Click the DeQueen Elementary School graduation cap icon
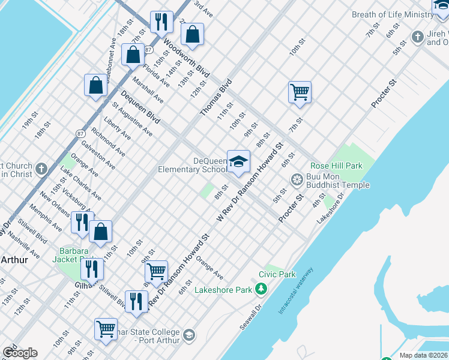[x=238, y=161]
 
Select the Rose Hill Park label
[x=336, y=166]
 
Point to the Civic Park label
[x=277, y=274]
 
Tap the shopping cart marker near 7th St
[x=300, y=92]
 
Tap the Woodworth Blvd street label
[x=185, y=58]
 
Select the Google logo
[x=20, y=353]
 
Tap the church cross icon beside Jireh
[x=418, y=37]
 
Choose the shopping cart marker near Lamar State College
[x=106, y=328]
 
